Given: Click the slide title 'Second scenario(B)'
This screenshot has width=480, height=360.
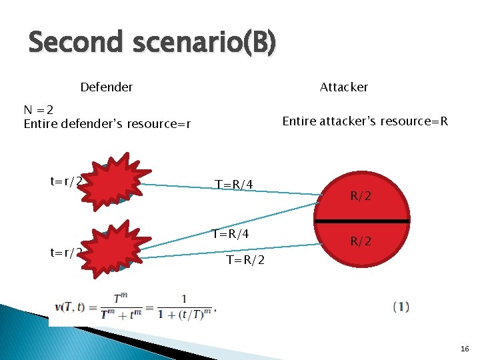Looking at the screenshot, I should coord(152,43).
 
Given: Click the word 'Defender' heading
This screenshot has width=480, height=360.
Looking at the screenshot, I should coord(106,87).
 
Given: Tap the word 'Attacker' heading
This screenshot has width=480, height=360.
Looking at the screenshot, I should coord(343,87).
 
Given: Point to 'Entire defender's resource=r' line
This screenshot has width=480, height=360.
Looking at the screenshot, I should coord(107,124).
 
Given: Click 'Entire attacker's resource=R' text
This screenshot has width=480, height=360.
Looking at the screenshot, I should coord(365,121).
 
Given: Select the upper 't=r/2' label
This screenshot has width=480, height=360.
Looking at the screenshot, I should coord(66,181).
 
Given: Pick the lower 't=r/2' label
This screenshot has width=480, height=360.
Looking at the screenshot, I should coord(66,252).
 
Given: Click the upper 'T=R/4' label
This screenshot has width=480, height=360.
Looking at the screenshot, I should coord(233,184).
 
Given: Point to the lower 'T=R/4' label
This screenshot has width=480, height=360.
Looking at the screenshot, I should coord(230,234).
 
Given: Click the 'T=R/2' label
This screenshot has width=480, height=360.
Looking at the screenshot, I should coord(245,260).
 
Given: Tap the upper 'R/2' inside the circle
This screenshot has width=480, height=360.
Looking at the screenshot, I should coord(361,196).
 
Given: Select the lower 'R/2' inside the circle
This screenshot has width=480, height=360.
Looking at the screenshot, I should coord(361,241).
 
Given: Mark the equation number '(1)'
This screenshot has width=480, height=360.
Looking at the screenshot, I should coord(401,307).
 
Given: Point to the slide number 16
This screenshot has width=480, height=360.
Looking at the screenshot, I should coord(465,349).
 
